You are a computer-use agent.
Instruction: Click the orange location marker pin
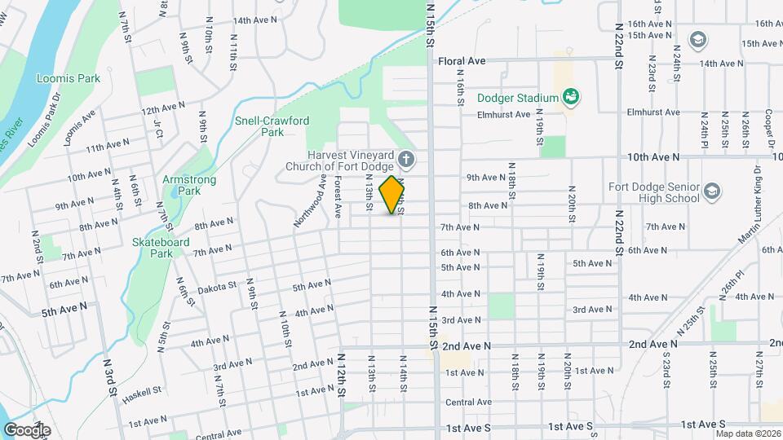point(392,195)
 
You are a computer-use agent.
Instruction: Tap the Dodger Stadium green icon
point(572,98)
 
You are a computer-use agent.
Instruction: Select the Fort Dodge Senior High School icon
point(712,191)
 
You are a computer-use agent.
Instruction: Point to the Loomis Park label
point(57,79)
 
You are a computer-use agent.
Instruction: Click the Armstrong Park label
point(181,185)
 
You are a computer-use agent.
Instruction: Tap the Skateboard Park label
point(161,248)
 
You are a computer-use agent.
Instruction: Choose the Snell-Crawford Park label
point(272,125)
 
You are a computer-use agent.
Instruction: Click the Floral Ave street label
point(462,60)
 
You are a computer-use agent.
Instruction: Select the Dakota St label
point(216,287)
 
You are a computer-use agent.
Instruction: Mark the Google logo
point(26,429)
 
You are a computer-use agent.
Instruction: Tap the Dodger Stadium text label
point(517,98)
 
